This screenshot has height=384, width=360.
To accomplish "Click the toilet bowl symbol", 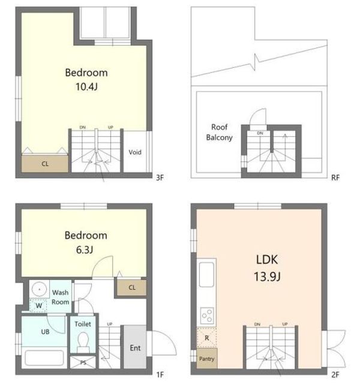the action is (x=83, y=342).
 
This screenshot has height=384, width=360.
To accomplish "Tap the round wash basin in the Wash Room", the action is (x=40, y=289).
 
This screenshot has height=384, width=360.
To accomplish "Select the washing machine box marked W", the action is (x=38, y=305).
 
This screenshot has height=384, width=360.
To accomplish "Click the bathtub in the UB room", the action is (x=44, y=358).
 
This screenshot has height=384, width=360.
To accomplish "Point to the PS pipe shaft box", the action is (x=83, y=362).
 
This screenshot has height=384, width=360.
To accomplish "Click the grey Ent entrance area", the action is (x=135, y=347).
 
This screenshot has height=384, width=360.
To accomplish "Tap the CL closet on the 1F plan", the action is (x=132, y=287).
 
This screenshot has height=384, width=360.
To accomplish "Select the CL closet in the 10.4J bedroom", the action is (x=45, y=163).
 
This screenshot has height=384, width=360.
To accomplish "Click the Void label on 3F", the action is (x=135, y=152).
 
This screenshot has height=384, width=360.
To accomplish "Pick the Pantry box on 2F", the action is (x=207, y=359).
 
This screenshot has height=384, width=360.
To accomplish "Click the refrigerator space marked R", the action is (x=207, y=338).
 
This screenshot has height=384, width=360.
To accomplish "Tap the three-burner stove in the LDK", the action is (x=207, y=316).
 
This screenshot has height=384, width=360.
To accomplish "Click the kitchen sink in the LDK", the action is (x=206, y=275).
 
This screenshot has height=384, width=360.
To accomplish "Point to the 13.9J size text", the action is (x=267, y=277).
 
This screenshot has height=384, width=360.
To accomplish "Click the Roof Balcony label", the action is (x=219, y=132).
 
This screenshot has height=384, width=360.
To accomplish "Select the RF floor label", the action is (x=335, y=178).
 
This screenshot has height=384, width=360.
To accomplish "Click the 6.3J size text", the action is (x=85, y=250).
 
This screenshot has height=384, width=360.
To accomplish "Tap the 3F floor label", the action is (x=160, y=178).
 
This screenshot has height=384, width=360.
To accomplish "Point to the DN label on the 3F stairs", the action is (x=83, y=127).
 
